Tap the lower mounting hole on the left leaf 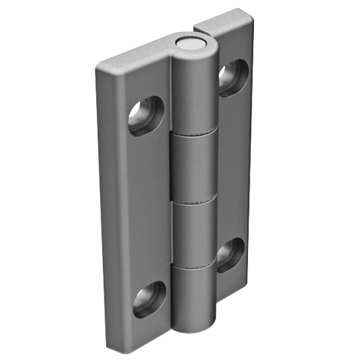pos(149,299)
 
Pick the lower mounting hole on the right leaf pos(230,255)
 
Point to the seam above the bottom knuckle pos(194,268)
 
